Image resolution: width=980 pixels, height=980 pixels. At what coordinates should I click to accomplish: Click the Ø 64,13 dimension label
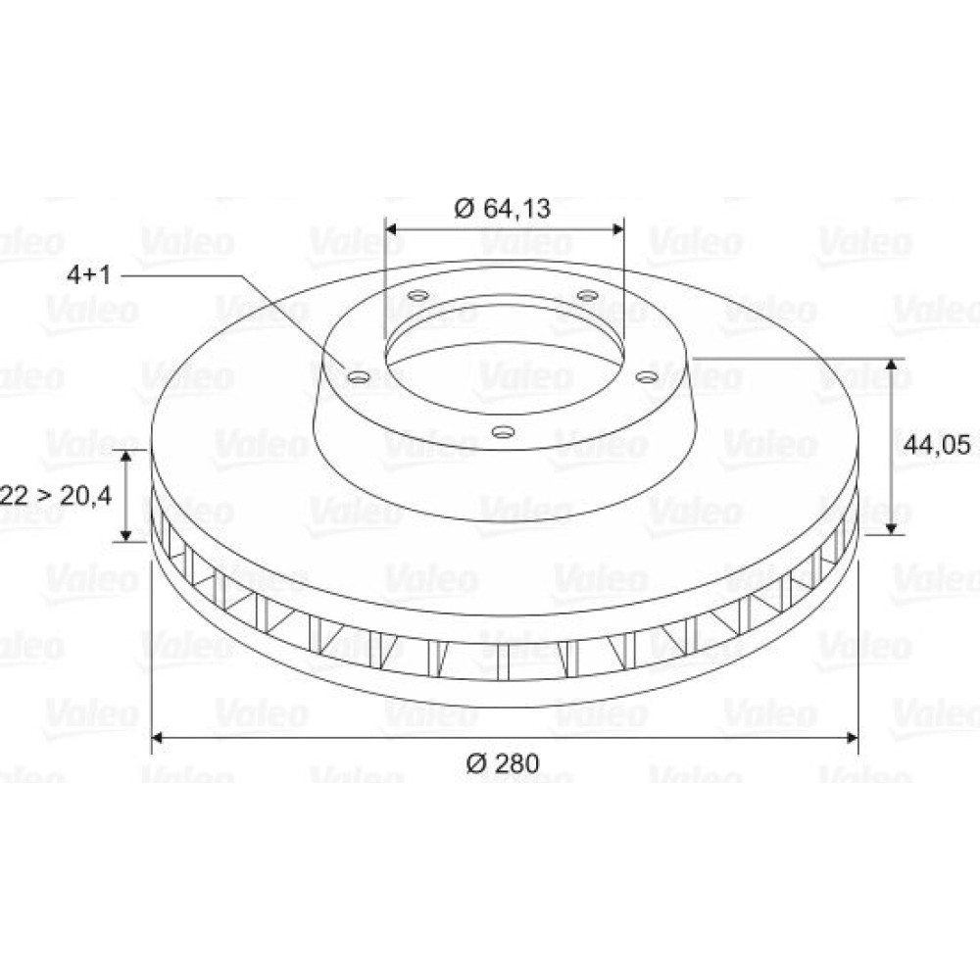[x=503, y=208]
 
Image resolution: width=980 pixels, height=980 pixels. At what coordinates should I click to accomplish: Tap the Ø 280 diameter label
[x=503, y=763]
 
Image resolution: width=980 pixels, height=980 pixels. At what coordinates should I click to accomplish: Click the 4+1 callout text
[x=89, y=274]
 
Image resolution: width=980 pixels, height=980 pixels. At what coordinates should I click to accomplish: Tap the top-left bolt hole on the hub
[x=416, y=295]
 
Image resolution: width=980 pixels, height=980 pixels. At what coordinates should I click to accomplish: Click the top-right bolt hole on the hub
[x=587, y=295]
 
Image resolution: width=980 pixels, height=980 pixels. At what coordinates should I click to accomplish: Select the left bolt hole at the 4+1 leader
[x=359, y=377]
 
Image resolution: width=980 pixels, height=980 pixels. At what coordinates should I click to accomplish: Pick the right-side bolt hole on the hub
[x=646, y=377]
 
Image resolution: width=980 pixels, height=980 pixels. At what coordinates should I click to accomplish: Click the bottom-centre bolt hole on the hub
[x=503, y=431]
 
